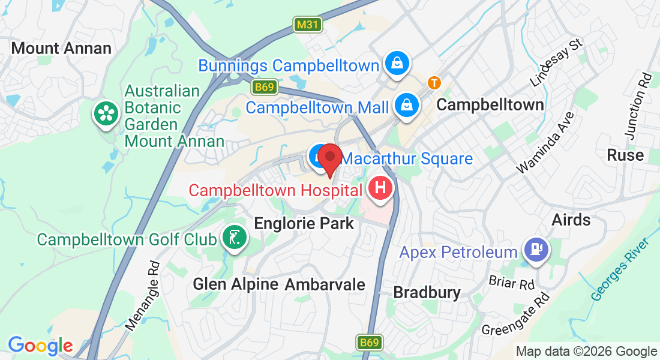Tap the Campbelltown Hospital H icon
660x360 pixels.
tap(380, 189)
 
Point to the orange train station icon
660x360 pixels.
tap(433, 82)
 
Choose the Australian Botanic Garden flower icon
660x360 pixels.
tap(105, 113)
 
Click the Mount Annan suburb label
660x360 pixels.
tap(61, 49)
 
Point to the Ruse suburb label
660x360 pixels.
tap(625, 155)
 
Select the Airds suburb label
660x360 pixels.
tap(571, 220)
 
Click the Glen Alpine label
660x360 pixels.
tap(235, 284)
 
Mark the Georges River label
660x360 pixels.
tap(620, 269)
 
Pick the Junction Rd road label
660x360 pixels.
tap(637, 106)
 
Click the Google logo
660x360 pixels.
tap(40, 346)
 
